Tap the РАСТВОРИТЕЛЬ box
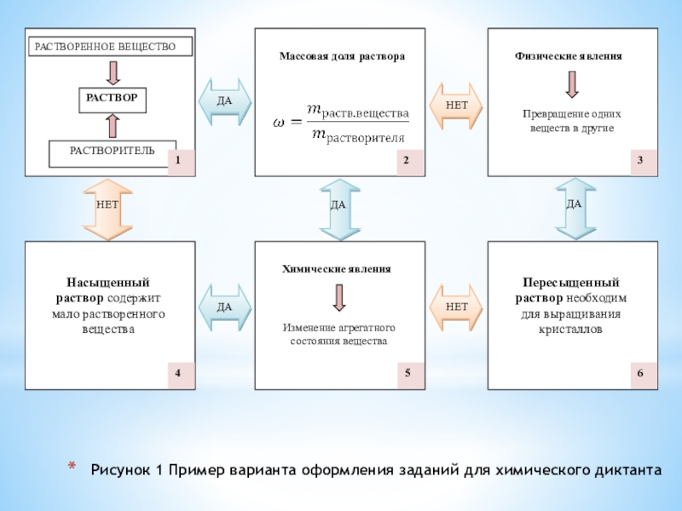click(x=112, y=152)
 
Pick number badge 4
click(x=180, y=373)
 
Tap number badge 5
click(x=407, y=373)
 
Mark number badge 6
click(x=641, y=373)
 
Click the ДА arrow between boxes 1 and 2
click(x=225, y=101)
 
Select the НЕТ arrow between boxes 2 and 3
click(x=457, y=103)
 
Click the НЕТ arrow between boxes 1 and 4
click(x=108, y=207)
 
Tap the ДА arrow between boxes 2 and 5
click(x=338, y=207)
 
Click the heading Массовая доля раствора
click(x=342, y=55)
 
